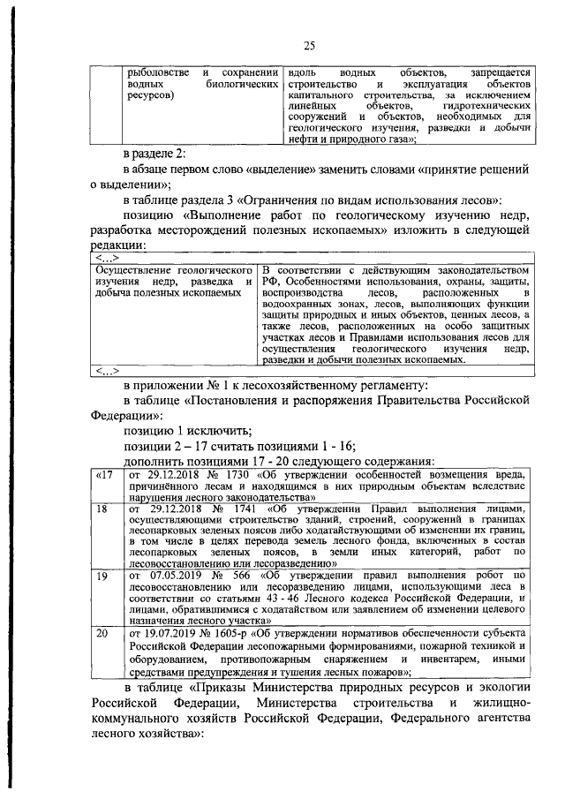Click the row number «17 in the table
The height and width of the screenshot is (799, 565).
(x=104, y=476)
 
